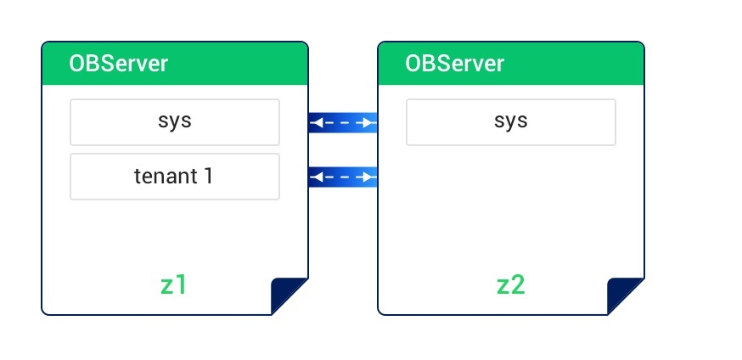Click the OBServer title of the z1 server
point(118,64)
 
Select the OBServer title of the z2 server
point(454,64)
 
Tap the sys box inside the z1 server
point(175,122)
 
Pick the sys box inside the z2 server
point(510,122)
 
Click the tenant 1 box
point(175,177)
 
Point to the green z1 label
point(173,285)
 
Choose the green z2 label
point(510,285)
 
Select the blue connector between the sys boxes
point(343,122)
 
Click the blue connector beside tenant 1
point(343,177)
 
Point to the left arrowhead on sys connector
point(316,123)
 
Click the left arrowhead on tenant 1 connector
point(316,177)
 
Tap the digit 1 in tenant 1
point(208,176)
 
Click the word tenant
point(166,177)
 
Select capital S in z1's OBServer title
point(105,64)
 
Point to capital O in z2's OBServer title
point(413,64)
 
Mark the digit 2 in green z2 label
point(518,285)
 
